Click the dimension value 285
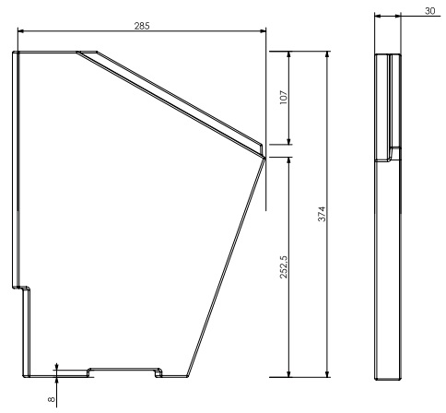(142, 26)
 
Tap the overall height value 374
(322, 212)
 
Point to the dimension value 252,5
(284, 265)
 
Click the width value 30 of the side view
(430, 10)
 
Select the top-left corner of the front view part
(14, 52)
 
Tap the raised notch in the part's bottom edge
(123, 370)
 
